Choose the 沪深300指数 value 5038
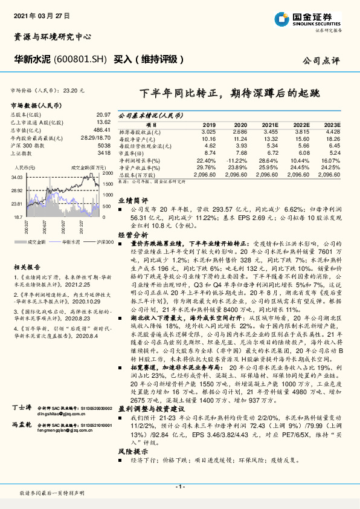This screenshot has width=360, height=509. coord(104,146)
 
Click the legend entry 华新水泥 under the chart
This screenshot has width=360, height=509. coord(71,241)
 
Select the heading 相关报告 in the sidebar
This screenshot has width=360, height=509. coord(27,266)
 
